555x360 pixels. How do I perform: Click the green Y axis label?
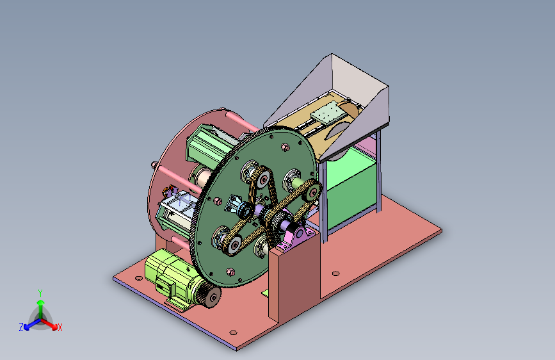[40, 292]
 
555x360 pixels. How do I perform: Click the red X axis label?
[60, 327]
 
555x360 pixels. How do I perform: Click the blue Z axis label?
[21, 327]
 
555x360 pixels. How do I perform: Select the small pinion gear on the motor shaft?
[209, 296]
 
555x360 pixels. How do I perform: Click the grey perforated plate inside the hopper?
[328, 115]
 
